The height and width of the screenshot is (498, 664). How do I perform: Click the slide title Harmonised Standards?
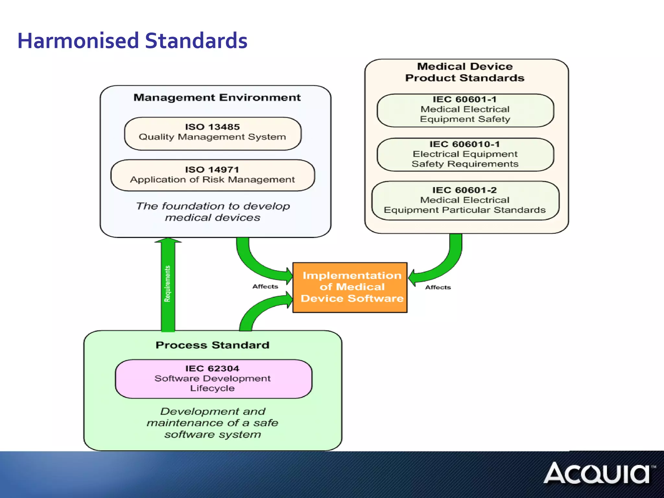(x=132, y=41)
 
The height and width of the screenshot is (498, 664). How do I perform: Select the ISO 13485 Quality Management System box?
(x=213, y=133)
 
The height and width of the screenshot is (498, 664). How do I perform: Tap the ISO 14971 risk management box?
(x=213, y=175)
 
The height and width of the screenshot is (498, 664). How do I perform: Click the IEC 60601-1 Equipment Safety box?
(x=465, y=110)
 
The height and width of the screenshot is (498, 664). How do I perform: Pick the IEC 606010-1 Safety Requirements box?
(x=465, y=155)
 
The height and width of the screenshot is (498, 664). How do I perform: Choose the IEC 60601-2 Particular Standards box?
(x=465, y=200)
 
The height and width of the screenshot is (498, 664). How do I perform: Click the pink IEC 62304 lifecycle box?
(x=213, y=379)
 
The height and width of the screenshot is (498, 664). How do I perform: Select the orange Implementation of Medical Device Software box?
(x=350, y=287)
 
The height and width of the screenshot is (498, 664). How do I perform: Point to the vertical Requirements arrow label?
(x=168, y=284)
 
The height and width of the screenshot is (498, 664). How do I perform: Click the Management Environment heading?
(x=217, y=98)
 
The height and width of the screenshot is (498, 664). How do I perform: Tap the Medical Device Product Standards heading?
(x=465, y=72)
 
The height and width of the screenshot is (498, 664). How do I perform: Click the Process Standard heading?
(x=212, y=345)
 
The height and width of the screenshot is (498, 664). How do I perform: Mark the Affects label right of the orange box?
(x=438, y=288)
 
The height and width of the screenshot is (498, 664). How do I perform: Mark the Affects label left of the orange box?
(x=265, y=287)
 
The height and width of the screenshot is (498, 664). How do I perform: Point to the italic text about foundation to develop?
(x=213, y=212)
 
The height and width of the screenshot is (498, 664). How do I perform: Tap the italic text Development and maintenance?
(x=213, y=423)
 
